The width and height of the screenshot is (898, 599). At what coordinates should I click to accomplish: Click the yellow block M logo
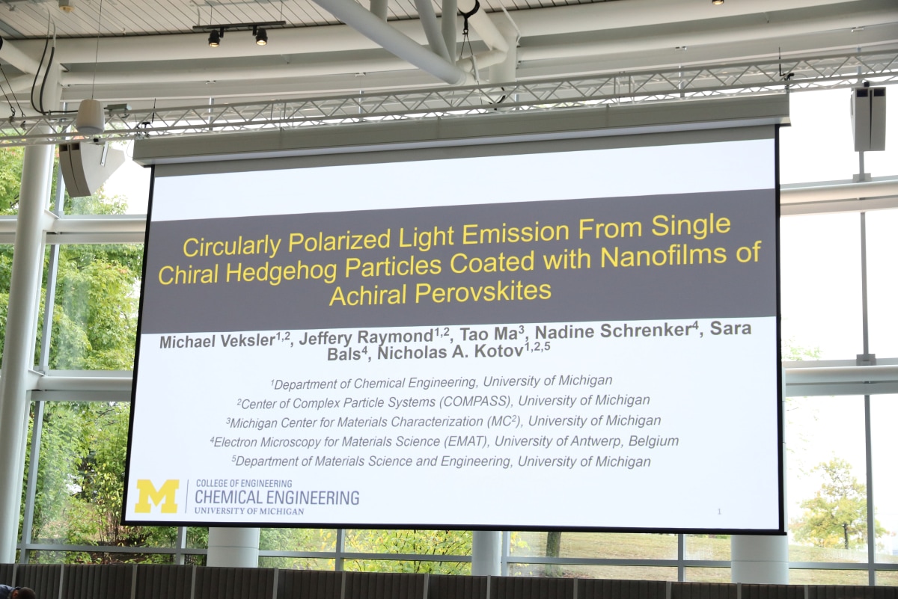[156, 496]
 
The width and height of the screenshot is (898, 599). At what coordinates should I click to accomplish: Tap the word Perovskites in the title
[483, 292]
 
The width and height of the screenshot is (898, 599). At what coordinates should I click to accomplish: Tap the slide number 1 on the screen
[719, 512]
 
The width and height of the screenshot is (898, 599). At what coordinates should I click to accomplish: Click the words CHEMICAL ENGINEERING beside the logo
[277, 497]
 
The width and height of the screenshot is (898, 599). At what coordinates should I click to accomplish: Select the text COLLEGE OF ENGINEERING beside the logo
[244, 484]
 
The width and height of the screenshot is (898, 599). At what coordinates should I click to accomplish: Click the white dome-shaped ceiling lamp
[91, 116]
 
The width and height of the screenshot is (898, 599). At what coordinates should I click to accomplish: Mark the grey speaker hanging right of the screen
[869, 119]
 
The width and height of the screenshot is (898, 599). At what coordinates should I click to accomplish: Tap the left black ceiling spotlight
[215, 38]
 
